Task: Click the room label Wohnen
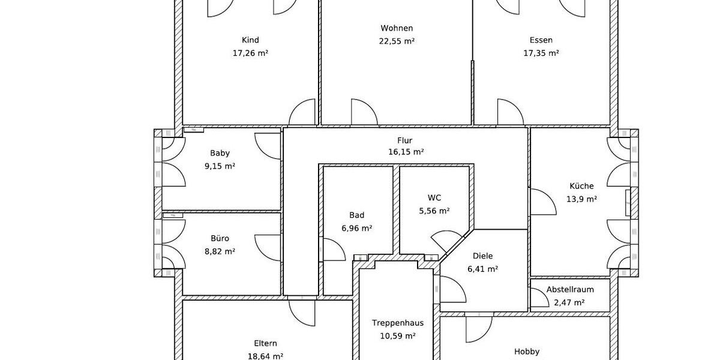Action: click(x=397, y=28)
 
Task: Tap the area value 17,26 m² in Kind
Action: click(x=250, y=53)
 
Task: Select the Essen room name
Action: click(x=541, y=40)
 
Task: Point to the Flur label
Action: click(x=405, y=140)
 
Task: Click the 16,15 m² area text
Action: click(x=406, y=152)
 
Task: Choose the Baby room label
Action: click(x=220, y=153)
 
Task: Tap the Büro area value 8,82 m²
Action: click(x=220, y=251)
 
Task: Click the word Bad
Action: click(x=357, y=215)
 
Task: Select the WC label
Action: click(x=434, y=198)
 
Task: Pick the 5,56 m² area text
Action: click(x=434, y=211)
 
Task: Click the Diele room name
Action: click(x=482, y=256)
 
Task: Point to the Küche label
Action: click(x=581, y=186)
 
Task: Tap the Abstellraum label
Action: click(x=570, y=290)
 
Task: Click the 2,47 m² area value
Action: click(x=570, y=302)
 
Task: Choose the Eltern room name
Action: click(x=265, y=343)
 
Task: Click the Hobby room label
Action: click(x=527, y=352)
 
